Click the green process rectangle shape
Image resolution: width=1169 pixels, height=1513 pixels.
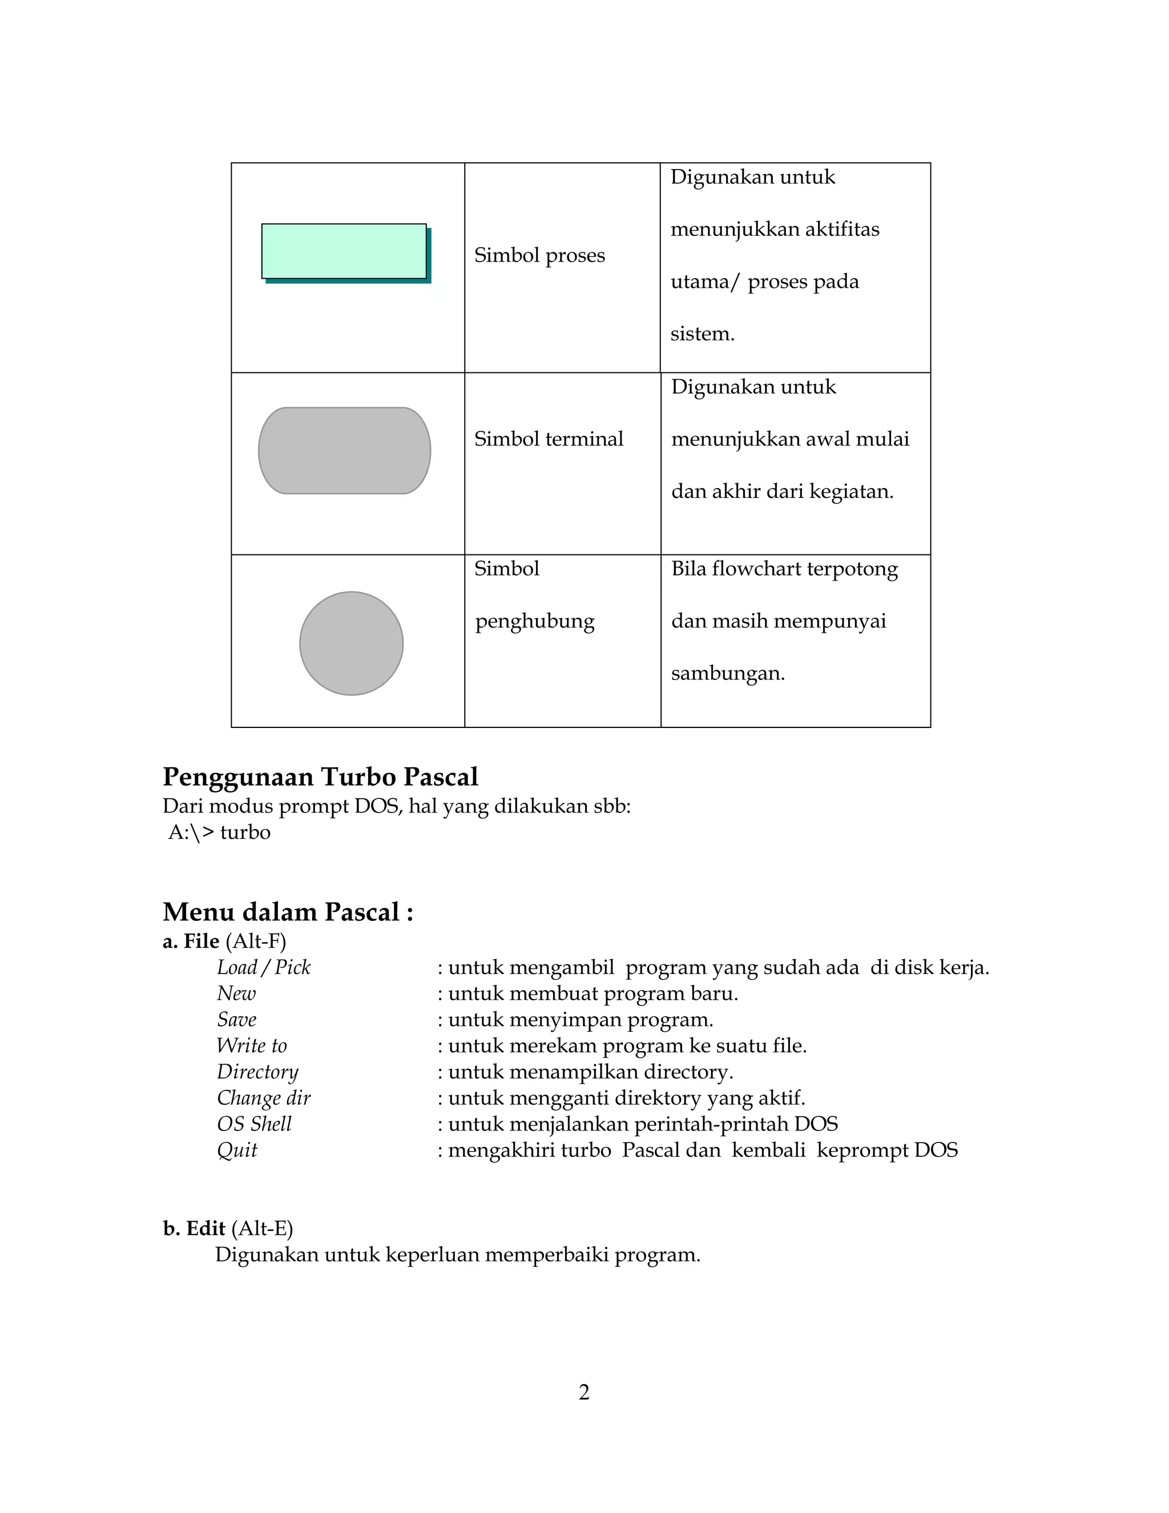click(344, 251)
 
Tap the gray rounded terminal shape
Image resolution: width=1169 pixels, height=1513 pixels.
click(344, 450)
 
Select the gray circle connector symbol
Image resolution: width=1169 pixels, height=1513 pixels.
click(351, 643)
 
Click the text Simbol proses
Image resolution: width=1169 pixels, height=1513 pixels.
click(539, 255)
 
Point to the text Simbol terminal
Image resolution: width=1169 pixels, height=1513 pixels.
click(549, 438)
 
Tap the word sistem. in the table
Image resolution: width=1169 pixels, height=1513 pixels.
click(702, 334)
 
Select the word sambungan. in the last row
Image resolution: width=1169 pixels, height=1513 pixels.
click(728, 673)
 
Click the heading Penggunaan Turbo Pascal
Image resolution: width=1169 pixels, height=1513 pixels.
click(320, 776)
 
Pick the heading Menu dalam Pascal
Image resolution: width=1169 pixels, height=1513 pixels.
click(288, 912)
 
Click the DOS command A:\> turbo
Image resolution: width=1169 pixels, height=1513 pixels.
click(219, 832)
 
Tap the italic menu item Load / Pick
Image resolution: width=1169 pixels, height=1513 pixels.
click(263, 967)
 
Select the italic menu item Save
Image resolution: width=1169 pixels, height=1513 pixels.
click(236, 1020)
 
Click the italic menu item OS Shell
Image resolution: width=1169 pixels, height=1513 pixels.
click(254, 1124)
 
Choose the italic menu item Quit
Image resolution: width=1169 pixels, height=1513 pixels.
click(237, 1150)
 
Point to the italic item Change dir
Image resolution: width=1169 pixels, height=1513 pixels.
click(263, 1098)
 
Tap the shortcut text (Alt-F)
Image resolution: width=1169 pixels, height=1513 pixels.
click(256, 941)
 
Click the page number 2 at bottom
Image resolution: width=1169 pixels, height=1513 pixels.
click(584, 1392)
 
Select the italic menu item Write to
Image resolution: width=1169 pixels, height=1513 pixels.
click(251, 1045)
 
